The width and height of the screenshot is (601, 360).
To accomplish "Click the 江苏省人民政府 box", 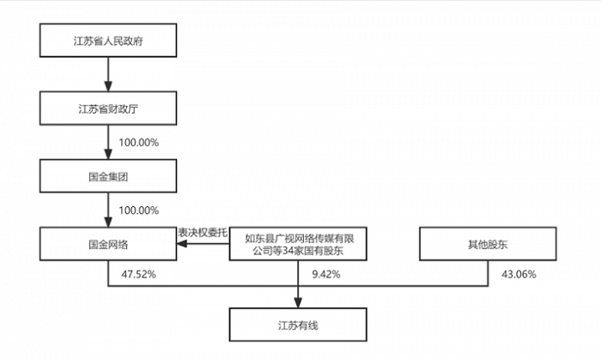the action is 108,40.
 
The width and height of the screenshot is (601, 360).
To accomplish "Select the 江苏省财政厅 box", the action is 108,108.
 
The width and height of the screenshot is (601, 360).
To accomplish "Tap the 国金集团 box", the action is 108,176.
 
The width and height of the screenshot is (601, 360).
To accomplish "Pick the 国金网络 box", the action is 108,244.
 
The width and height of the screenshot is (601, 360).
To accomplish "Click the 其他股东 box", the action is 488,244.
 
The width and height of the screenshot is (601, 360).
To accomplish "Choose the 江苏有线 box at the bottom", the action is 298,325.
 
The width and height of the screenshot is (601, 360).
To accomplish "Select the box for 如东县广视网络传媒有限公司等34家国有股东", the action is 298,244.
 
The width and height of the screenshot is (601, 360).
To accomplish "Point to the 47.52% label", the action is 139,274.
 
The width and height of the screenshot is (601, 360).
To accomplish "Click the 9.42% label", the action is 326,274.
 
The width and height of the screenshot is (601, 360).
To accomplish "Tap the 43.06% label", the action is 519,274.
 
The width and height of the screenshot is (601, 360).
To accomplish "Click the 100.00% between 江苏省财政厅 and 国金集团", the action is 139,143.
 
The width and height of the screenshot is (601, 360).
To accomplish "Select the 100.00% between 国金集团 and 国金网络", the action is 139,211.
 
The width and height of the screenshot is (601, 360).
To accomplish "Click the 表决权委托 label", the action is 203,232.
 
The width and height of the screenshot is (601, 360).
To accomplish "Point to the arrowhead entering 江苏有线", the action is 298,302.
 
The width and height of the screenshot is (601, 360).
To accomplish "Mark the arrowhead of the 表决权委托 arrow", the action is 182,243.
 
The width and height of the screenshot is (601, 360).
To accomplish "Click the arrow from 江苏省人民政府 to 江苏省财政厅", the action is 108,75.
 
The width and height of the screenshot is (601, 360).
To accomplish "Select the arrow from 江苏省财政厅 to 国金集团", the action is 108,143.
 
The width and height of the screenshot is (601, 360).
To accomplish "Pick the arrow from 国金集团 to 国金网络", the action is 108,211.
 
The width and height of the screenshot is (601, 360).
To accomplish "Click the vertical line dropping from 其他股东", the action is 488,273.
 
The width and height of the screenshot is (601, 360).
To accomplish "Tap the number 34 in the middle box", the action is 287,251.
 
